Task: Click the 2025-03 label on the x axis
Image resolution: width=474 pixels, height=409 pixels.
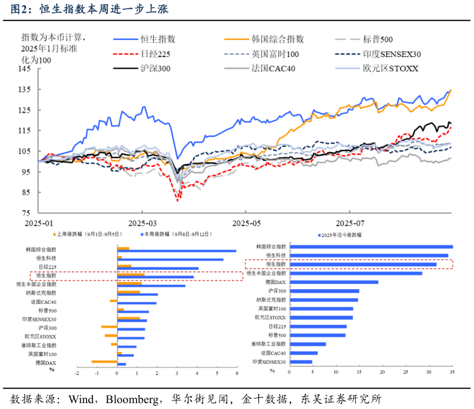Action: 142,223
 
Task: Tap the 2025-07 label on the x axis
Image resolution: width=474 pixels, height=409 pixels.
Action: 350,223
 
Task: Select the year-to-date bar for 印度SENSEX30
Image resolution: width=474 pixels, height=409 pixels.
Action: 301,362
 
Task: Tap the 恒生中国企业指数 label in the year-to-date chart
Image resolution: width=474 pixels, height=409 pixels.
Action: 266,273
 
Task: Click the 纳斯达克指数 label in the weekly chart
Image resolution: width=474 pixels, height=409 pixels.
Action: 41,293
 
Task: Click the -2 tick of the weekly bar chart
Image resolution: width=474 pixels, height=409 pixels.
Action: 77,373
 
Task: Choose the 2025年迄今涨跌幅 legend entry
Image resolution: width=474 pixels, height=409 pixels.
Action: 342,234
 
